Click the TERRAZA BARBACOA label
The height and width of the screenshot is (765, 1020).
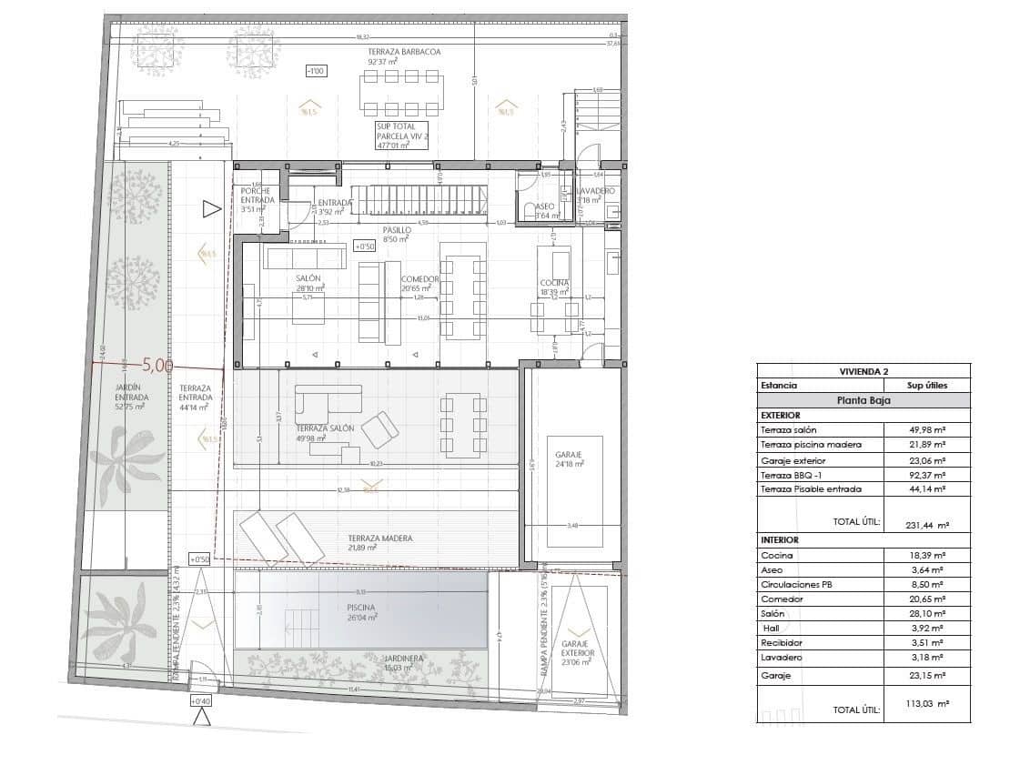[x=404, y=53]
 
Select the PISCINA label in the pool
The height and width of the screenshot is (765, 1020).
[x=360, y=608]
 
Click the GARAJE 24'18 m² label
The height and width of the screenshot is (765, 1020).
[x=568, y=458]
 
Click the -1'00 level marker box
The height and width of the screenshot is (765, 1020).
[x=316, y=71]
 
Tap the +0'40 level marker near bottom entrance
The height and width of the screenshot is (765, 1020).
[x=200, y=701]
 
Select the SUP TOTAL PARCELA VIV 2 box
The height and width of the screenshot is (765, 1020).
[x=401, y=136]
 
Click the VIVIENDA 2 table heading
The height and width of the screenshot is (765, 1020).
[x=863, y=371]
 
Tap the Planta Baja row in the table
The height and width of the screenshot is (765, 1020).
[x=863, y=399]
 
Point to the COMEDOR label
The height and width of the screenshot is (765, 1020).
[x=419, y=280]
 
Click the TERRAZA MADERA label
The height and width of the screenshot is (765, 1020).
[x=379, y=539]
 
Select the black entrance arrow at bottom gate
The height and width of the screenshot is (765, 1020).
[x=202, y=718]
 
